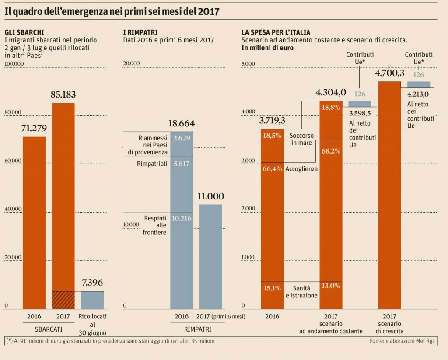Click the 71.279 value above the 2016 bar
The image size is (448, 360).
click(x=34, y=128)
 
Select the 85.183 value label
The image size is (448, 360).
click(x=63, y=94)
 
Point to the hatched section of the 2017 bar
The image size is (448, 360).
click(x=63, y=300)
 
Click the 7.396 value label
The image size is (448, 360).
click(x=92, y=283)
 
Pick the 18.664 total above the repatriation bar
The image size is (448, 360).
click(x=181, y=123)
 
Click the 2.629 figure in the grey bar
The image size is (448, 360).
click(x=181, y=138)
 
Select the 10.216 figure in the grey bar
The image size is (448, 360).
click(x=181, y=218)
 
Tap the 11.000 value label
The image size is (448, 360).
click(x=210, y=196)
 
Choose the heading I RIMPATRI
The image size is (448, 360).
click(x=140, y=32)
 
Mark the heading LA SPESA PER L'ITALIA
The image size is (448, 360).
click(x=276, y=32)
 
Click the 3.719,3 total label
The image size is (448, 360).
click(x=272, y=120)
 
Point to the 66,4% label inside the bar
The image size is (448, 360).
click(x=272, y=169)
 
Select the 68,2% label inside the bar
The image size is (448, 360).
click(x=331, y=151)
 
